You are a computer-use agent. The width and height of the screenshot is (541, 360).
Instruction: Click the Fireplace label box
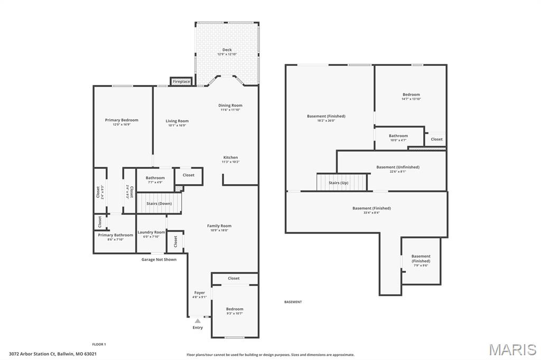coord(181,82)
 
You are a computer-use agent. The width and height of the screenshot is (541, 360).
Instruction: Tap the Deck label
coord(227,50)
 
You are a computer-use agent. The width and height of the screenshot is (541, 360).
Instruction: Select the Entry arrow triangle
coord(198,320)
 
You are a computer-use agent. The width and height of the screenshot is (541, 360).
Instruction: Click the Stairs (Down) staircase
coord(160,203)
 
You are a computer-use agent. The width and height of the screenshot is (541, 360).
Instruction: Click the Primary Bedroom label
coord(122,120)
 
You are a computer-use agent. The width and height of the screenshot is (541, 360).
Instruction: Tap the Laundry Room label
coord(151,232)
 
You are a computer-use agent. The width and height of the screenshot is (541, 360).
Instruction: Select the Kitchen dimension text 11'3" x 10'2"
coord(230,162)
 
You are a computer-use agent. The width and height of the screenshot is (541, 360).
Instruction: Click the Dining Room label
coord(230,105)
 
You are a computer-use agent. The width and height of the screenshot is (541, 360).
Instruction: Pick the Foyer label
coord(199,292)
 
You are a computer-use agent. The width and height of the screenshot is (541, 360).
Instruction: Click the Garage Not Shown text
coord(158,259)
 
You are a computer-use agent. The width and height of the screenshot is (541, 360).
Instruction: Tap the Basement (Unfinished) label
coord(398,167)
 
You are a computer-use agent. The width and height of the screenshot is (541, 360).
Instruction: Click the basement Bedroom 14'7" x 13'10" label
coord(411,94)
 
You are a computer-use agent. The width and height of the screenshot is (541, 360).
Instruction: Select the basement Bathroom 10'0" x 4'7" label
coord(398,136)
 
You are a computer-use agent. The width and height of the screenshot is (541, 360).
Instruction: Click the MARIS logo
coord(512,349)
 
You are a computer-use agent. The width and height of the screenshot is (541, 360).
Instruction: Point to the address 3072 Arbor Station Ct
coord(52,354)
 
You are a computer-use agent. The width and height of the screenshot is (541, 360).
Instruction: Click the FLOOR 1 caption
coord(99,344)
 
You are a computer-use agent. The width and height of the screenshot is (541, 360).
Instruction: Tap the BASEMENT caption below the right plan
coord(293,302)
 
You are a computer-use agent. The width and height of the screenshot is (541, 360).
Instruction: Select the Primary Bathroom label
coord(115,235)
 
